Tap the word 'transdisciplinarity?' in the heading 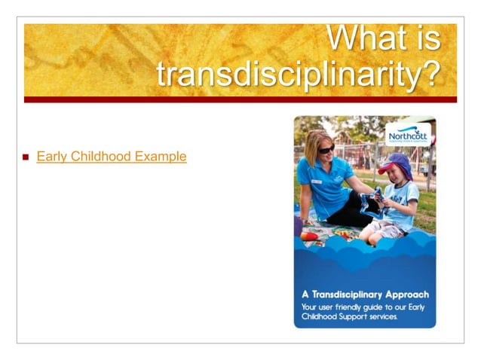coord(297,75)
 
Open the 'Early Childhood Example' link coord(111,157)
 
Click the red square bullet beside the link coord(25,157)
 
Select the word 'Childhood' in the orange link coord(100,157)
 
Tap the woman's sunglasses coord(325,149)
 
